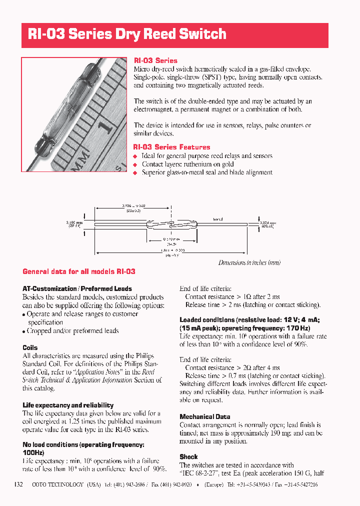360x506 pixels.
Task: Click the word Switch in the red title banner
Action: (198, 34)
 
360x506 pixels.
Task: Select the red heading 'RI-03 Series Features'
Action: (171, 147)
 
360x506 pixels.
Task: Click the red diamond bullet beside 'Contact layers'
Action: (134, 164)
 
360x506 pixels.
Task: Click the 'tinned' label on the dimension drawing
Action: (217, 219)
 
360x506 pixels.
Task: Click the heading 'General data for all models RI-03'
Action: (79, 271)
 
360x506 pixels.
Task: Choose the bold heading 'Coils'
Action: (30, 347)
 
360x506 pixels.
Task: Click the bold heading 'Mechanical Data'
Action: (204, 416)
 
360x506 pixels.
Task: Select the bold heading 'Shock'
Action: (188, 456)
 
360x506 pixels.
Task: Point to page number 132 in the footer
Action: (18, 484)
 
